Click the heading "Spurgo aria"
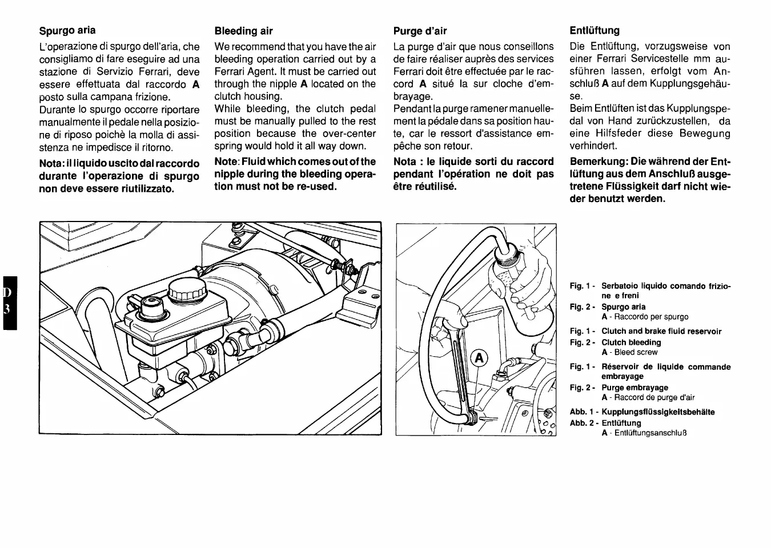click(67, 30)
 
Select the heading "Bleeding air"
click(243, 31)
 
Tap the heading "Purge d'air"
click(420, 31)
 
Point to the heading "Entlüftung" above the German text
click(595, 30)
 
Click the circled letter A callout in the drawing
click(479, 358)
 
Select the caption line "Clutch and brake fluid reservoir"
click(661, 331)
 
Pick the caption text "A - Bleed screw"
click(629, 352)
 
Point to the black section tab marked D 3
click(9, 303)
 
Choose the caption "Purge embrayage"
click(635, 388)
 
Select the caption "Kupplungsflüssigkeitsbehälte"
click(658, 412)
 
